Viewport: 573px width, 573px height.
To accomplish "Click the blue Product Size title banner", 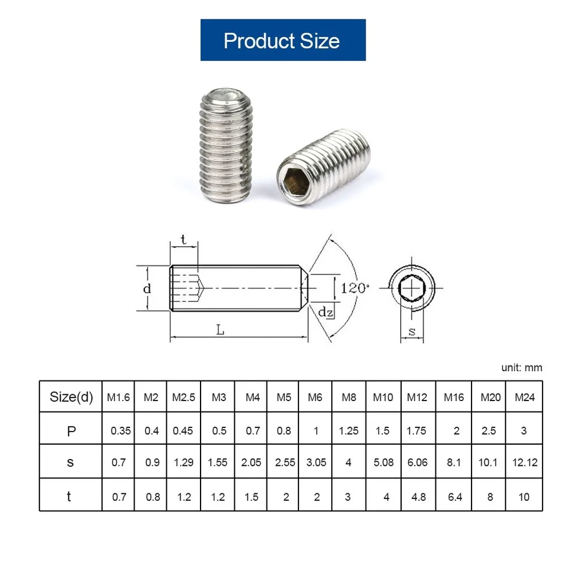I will click(x=282, y=40).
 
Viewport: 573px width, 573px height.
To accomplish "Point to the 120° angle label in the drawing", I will click(x=354, y=288).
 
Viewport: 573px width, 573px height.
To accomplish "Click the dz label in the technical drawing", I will click(x=326, y=312).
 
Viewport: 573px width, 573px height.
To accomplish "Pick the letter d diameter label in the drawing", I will click(x=147, y=288).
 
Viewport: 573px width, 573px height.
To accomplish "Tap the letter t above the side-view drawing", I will click(x=183, y=240).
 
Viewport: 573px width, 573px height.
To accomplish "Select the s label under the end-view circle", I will click(x=412, y=331).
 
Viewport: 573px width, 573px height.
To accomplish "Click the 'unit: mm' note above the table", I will click(x=521, y=368).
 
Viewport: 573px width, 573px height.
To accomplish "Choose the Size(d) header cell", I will click(x=71, y=397).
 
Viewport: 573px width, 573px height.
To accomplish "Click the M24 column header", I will click(x=524, y=397).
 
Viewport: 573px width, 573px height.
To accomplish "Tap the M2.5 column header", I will click(x=183, y=397).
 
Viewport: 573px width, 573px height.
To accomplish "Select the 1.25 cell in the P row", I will click(x=348, y=430).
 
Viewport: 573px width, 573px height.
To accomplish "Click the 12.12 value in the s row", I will click(x=524, y=462).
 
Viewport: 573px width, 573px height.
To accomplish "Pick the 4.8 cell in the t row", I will click(x=419, y=496).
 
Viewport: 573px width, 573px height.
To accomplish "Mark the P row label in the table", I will click(x=71, y=430).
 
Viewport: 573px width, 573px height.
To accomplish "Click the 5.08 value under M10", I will click(x=383, y=462).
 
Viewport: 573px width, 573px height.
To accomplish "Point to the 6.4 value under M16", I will click(x=455, y=496).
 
